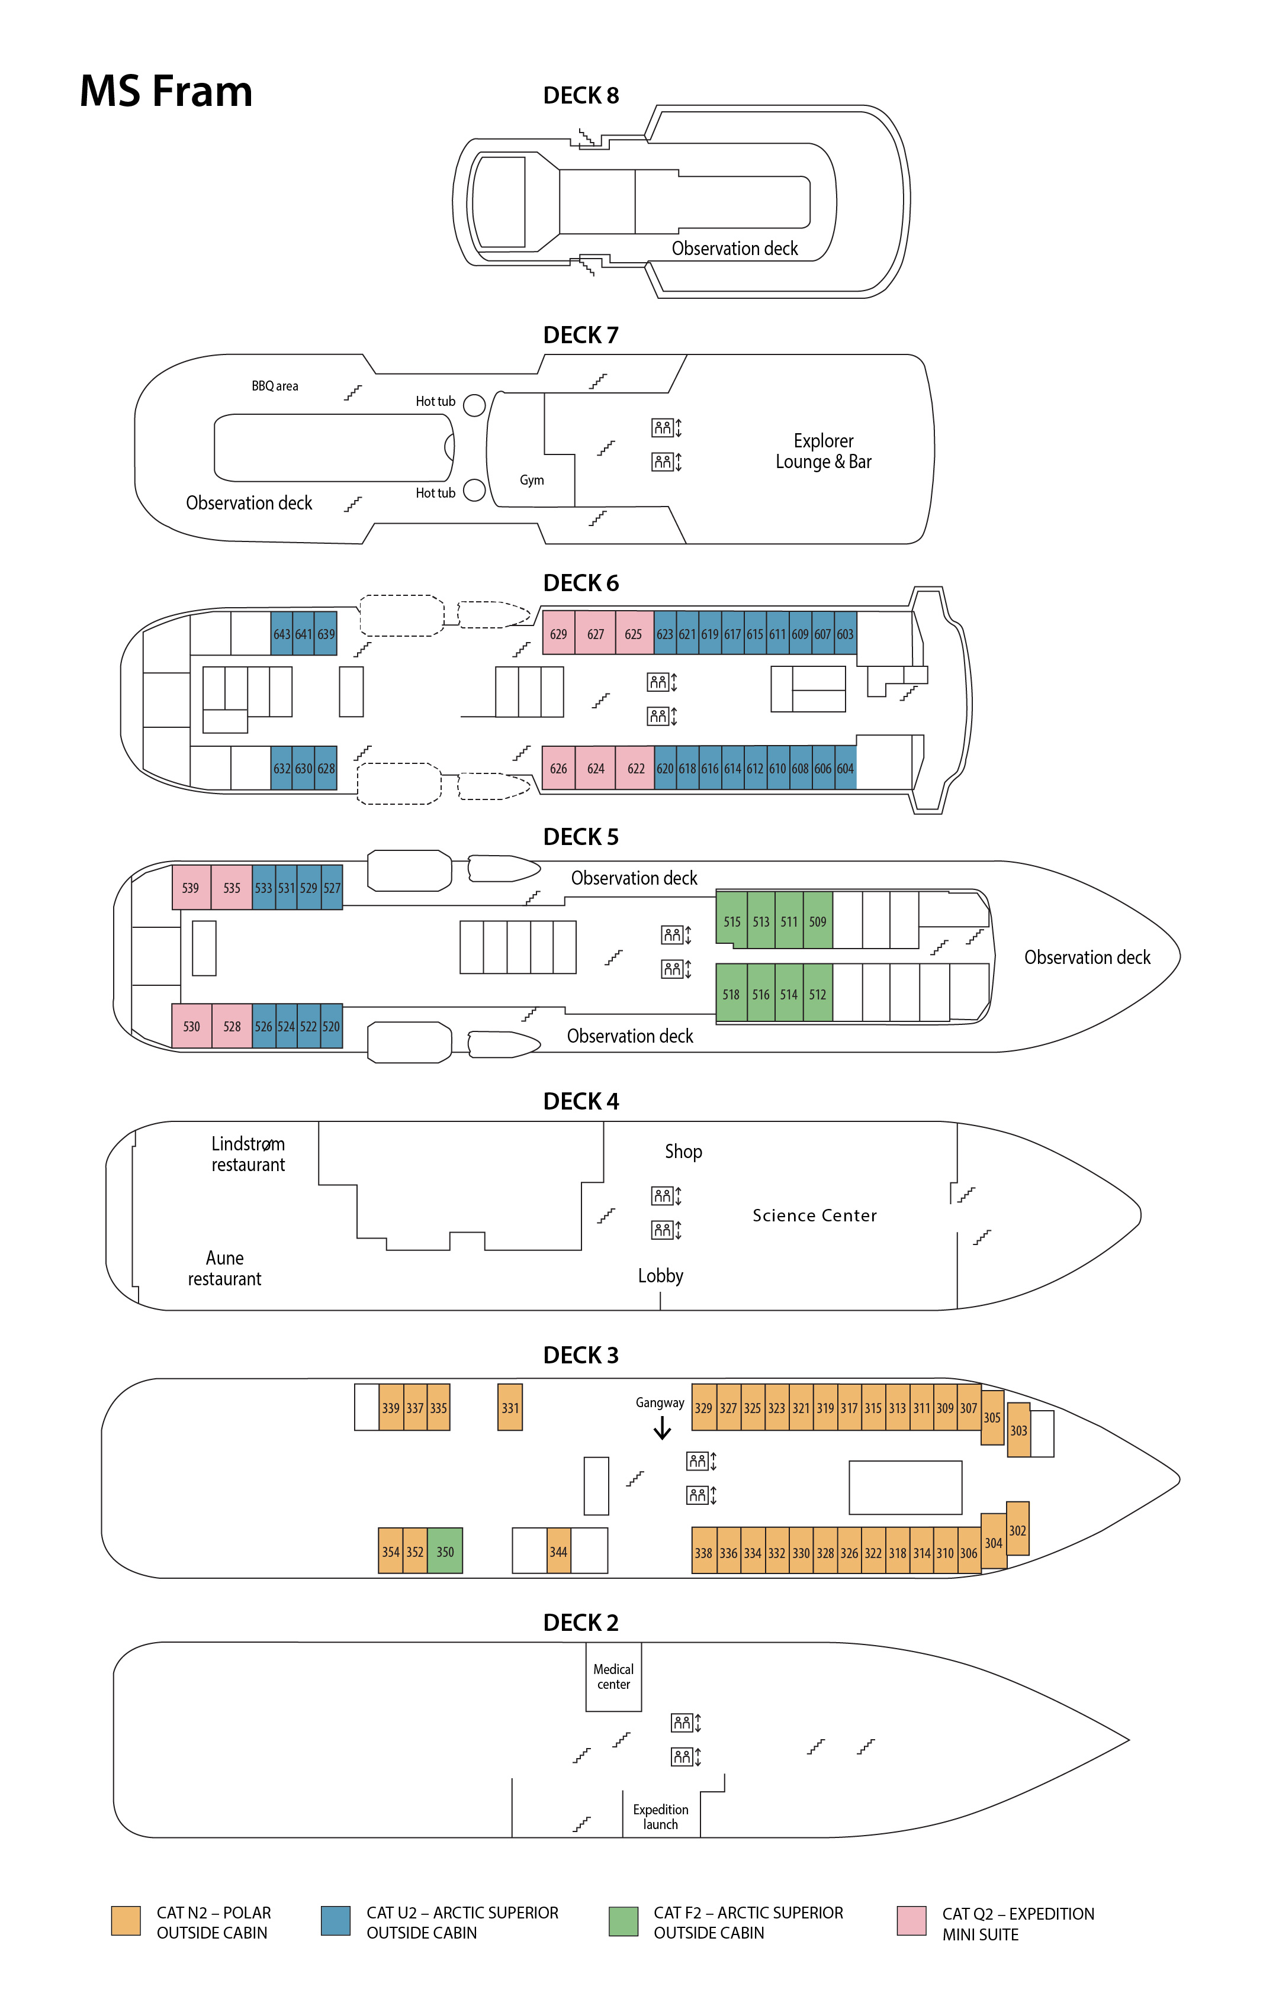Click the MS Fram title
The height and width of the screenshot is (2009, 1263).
(x=165, y=91)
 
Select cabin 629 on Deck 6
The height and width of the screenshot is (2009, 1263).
(x=558, y=634)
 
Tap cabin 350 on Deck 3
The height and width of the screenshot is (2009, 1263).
(x=445, y=1551)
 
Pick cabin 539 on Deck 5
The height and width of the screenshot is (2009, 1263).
(x=190, y=888)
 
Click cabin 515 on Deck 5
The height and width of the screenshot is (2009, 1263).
(x=732, y=921)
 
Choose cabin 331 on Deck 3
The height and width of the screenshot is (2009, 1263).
(x=510, y=1407)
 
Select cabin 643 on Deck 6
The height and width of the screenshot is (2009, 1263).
(x=281, y=634)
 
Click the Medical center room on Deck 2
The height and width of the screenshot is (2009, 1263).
(x=613, y=1676)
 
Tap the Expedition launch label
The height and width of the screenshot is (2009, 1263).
(x=660, y=1816)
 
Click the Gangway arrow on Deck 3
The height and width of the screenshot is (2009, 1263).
(x=662, y=1429)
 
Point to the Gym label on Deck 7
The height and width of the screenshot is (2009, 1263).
(x=532, y=480)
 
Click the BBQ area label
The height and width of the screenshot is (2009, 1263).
(x=275, y=385)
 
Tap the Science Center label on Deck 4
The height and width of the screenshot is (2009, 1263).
(x=815, y=1215)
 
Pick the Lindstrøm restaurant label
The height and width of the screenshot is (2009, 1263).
(x=248, y=1154)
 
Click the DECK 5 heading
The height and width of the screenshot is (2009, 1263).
(x=581, y=837)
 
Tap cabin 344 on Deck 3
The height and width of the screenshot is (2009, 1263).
(x=558, y=1551)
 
